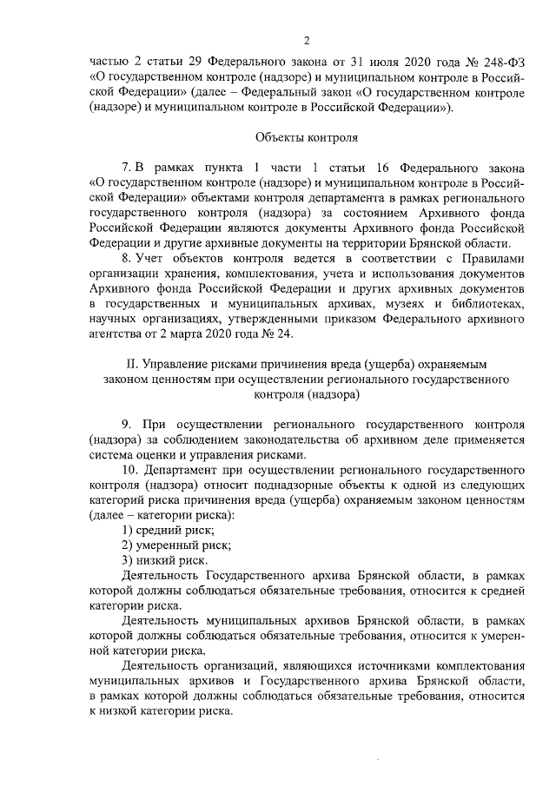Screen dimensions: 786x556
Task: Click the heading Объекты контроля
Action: point(307,137)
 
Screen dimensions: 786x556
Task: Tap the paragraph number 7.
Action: point(126,166)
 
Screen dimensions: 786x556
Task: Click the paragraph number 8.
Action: point(126,258)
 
